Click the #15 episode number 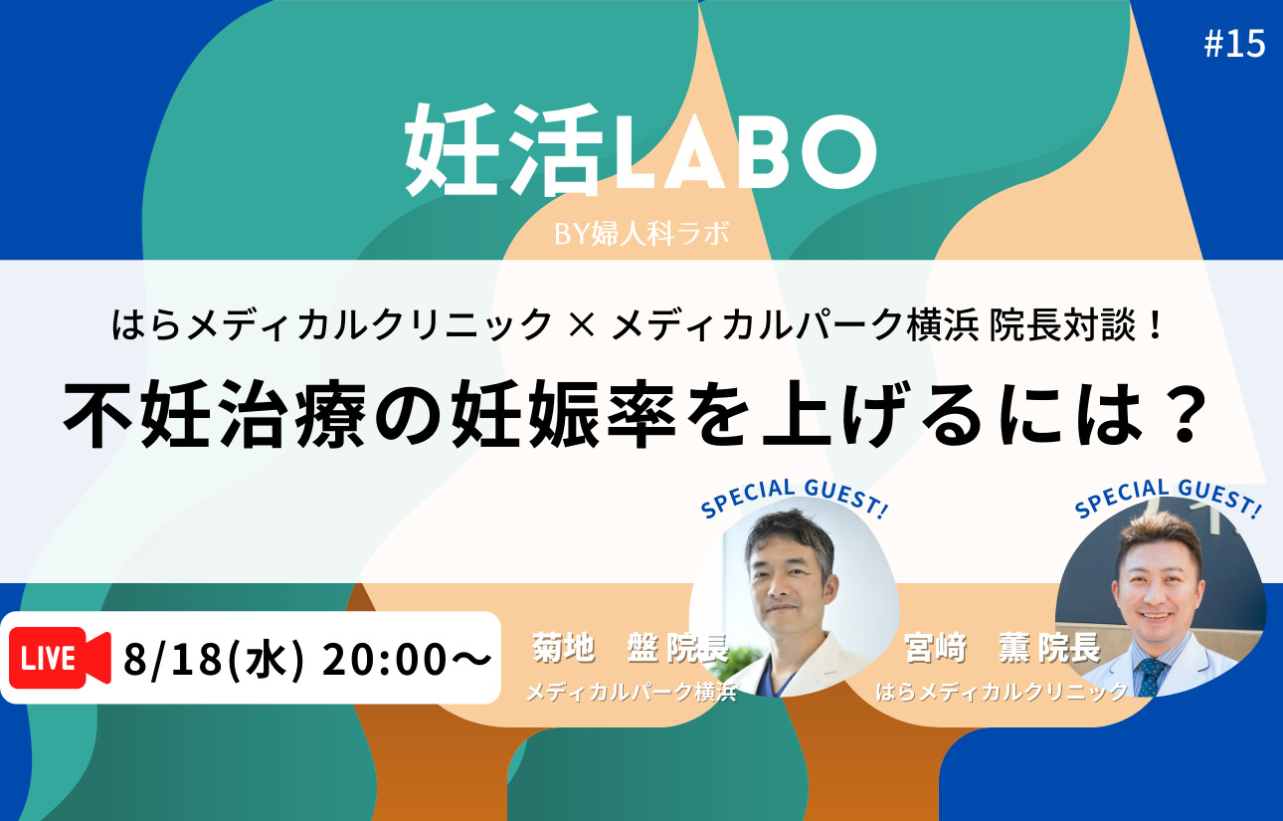pyautogui.click(x=1234, y=44)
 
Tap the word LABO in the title pyautogui.click(x=744, y=151)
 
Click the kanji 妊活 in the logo pyautogui.click(x=504, y=150)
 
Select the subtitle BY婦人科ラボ pyautogui.click(x=642, y=234)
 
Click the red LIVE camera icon pyautogui.click(x=60, y=658)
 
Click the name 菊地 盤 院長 pyautogui.click(x=630, y=648)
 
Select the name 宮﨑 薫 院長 pyautogui.click(x=1003, y=648)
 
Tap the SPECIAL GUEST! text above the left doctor pyautogui.click(x=795, y=498)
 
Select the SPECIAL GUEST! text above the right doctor pyautogui.click(x=1169, y=498)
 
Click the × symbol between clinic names pyautogui.click(x=582, y=324)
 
